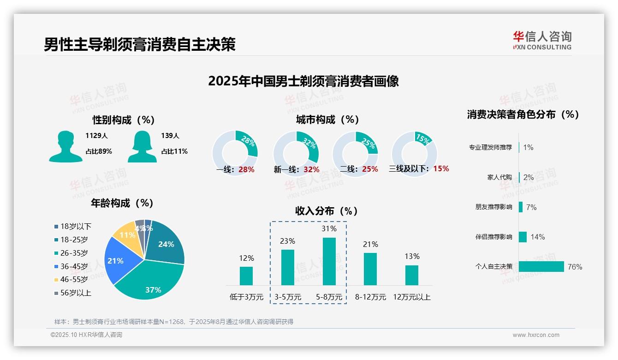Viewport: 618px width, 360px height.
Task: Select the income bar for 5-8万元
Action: click(329, 261)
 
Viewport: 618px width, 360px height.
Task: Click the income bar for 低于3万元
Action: click(246, 276)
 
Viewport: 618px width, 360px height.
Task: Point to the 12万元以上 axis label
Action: click(412, 297)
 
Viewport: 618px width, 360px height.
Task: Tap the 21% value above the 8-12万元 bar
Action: click(370, 244)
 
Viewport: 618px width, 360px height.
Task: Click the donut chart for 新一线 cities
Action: click(296, 154)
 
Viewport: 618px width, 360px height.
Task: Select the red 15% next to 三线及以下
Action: click(441, 168)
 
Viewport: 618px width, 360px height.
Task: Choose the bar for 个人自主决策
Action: click(541, 266)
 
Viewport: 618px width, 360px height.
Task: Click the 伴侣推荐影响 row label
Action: click(493, 237)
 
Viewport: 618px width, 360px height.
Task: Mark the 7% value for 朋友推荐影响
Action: click(531, 207)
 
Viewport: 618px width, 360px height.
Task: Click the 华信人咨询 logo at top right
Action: click(542, 41)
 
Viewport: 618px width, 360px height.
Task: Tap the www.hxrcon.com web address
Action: click(536, 335)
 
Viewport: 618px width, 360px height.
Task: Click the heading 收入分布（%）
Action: click(327, 211)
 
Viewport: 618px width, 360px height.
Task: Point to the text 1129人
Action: click(96, 136)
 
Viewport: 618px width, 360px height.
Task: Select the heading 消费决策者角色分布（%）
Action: click(523, 114)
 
